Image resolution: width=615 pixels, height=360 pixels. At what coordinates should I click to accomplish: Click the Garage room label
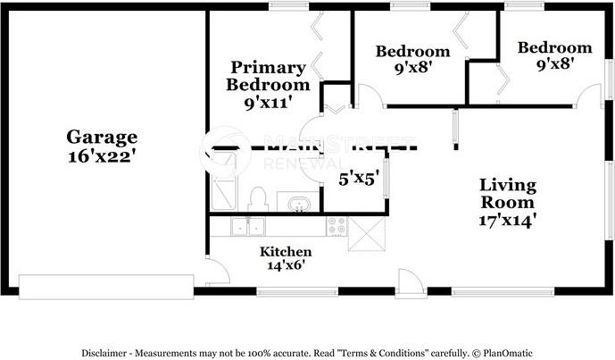tap(102, 137)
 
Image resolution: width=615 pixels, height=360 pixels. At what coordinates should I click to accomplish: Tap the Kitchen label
tap(286, 252)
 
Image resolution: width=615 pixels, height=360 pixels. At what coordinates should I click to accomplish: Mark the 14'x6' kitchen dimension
tap(286, 265)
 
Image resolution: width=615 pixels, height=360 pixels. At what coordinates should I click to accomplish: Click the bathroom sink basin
tap(296, 205)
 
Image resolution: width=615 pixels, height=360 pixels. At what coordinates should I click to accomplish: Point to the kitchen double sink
tap(247, 227)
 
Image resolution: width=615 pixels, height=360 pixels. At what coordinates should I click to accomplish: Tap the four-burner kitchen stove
tap(337, 226)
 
